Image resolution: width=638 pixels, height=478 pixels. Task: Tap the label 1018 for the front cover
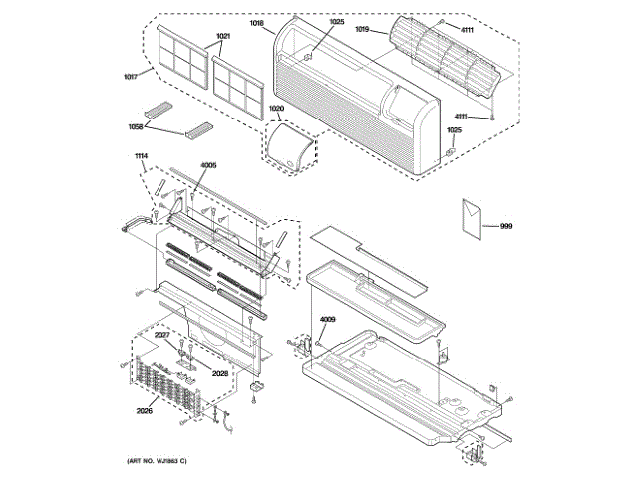coord(257,21)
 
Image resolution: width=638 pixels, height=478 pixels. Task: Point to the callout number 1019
coord(362,30)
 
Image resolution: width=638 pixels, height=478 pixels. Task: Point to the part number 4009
coord(328,320)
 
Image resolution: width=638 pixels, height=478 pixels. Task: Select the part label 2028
coord(221,373)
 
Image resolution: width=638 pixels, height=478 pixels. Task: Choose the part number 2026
coord(146,409)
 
